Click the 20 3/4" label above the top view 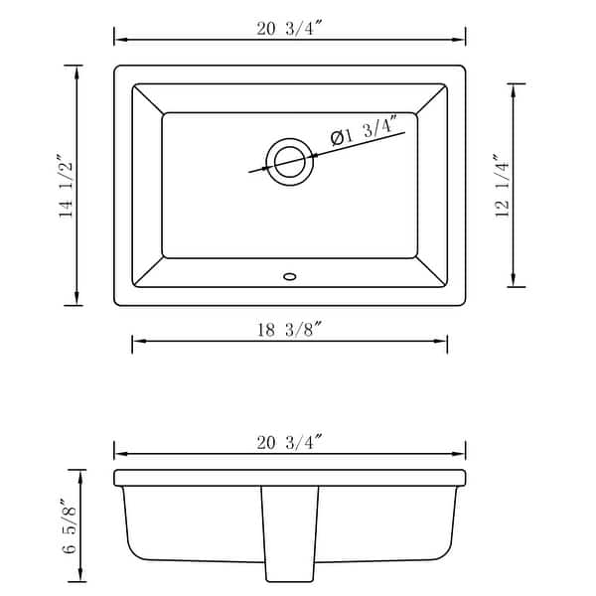(289, 28)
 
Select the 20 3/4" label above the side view (289, 443)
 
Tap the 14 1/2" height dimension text (67, 186)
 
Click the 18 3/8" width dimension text (289, 330)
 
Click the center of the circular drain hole (289, 160)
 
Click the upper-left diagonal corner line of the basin (148, 98)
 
